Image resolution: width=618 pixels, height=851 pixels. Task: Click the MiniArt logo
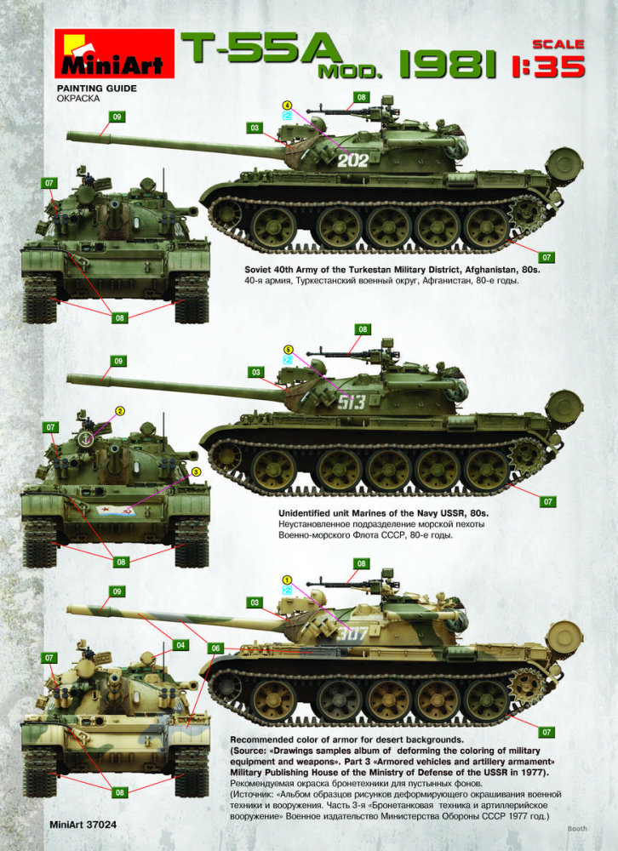(114, 54)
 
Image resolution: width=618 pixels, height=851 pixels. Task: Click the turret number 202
(352, 160)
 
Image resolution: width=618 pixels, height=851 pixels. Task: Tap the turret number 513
(352, 402)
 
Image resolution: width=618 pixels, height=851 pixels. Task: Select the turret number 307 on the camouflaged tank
(352, 633)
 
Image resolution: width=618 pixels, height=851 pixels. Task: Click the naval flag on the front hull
(116, 510)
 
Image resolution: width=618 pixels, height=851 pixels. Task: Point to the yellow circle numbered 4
(287, 106)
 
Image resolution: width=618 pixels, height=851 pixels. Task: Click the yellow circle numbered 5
(288, 350)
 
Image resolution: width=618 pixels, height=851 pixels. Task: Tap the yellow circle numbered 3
(197, 472)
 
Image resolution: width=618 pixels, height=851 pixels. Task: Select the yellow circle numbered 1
(287, 580)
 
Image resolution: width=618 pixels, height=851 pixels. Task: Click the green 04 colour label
(180, 645)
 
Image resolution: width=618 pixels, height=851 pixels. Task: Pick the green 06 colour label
(215, 648)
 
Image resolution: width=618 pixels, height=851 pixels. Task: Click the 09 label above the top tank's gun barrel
(117, 117)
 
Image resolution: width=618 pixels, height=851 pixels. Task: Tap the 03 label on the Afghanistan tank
(255, 129)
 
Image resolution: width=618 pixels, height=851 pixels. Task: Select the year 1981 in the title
(448, 65)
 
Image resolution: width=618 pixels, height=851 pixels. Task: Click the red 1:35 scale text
(548, 66)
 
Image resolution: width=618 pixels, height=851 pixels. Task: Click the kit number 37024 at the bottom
(100, 825)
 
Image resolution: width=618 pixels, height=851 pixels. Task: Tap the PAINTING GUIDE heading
(97, 89)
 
